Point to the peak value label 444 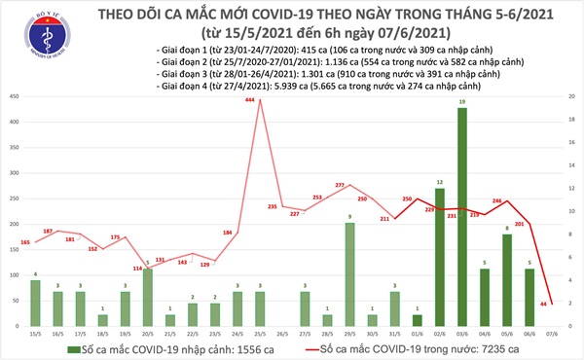250,101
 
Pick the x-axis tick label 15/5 34,335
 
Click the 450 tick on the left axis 13,96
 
